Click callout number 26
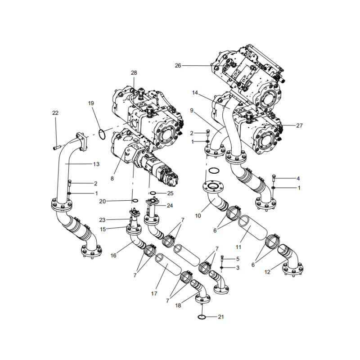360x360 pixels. (x=178, y=66)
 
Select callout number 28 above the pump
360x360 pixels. (x=134, y=73)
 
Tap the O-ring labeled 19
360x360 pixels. (x=103, y=133)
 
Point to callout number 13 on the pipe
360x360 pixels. (x=96, y=164)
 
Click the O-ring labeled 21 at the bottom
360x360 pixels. (x=202, y=317)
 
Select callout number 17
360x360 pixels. (x=154, y=293)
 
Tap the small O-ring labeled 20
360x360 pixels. (x=135, y=201)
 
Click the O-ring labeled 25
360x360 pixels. (x=153, y=193)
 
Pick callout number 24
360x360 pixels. (x=170, y=206)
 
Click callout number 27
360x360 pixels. (x=299, y=126)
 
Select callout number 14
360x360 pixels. (x=195, y=93)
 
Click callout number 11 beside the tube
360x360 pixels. (x=238, y=247)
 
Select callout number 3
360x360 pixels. (x=238, y=268)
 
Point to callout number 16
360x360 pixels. (x=113, y=255)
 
